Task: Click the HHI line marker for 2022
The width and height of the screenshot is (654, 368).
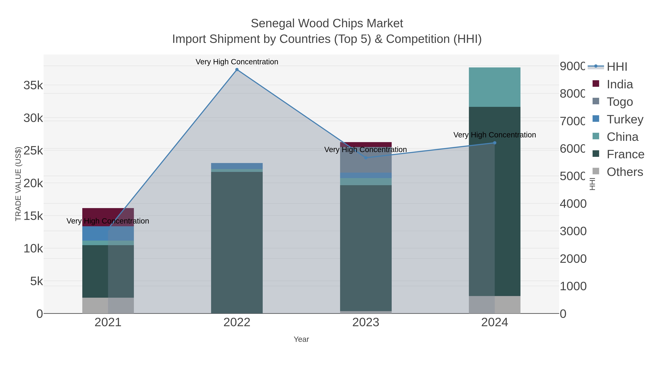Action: pos(237,70)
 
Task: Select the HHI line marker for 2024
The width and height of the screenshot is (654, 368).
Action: pos(494,143)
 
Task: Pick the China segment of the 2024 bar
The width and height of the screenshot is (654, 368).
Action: pos(494,87)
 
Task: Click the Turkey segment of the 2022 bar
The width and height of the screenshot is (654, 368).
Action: pos(237,166)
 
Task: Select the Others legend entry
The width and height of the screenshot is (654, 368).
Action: pos(625,172)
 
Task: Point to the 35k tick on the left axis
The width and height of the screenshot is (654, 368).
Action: pos(33,85)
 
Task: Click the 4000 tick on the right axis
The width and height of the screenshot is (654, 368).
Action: pos(573,204)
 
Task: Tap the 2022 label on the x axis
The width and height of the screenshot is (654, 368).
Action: pos(237,323)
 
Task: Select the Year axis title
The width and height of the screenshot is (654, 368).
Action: pos(301,339)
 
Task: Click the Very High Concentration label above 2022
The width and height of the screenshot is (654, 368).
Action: pos(237,62)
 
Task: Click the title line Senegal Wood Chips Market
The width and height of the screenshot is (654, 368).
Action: pos(327,23)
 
